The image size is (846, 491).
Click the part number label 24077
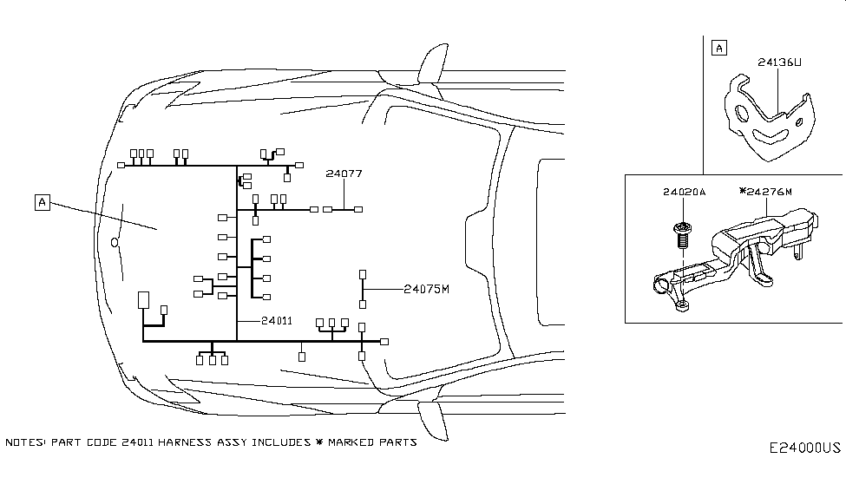tap(344, 173)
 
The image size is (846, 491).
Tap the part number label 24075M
tap(427, 289)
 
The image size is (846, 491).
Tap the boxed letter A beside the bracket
tap(718, 48)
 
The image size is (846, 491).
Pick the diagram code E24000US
tap(804, 448)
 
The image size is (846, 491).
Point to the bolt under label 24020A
tap(682, 232)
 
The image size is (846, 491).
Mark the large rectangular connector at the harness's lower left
tap(143, 300)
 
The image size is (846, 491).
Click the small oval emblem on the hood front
tap(114, 242)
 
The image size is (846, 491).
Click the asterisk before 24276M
tap(742, 192)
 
